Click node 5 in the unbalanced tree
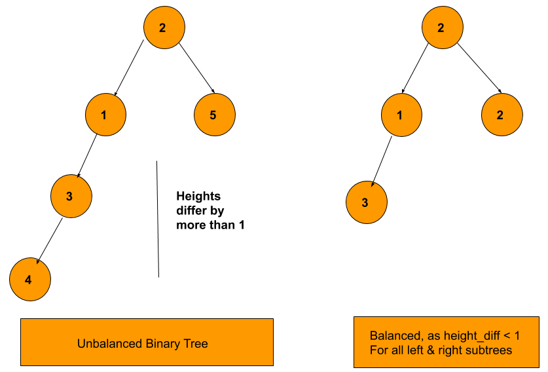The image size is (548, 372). point(214,115)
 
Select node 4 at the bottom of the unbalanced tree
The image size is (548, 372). point(29,280)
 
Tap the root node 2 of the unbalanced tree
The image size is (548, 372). point(164,28)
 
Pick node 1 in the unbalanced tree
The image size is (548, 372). point(105,115)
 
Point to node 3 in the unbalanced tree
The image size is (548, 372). point(71,196)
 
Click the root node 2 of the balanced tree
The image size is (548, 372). point(442,28)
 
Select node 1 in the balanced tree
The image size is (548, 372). point(401,115)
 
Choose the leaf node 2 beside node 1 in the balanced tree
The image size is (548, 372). point(502,115)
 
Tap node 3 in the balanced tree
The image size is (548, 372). point(366,202)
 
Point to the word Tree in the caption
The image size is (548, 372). point(196,344)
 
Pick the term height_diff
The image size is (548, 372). point(471,336)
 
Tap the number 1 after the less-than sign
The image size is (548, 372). point(517,336)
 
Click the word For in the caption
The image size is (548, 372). point(378,350)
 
